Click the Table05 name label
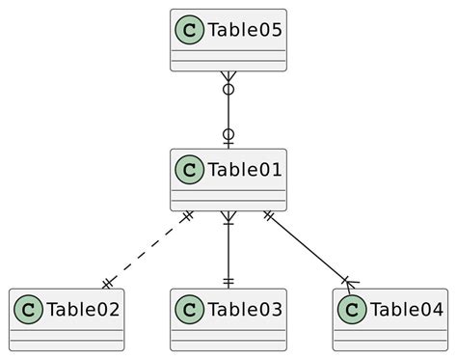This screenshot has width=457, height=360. (x=243, y=31)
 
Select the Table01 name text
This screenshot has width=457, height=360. (x=243, y=171)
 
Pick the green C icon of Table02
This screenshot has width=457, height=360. (x=28, y=310)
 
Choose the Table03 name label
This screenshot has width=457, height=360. (x=243, y=310)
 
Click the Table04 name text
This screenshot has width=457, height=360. (x=405, y=310)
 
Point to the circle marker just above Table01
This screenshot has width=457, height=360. (x=228, y=134)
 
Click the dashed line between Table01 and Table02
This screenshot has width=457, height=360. (x=148, y=249)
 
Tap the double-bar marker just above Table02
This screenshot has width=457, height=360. (x=107, y=282)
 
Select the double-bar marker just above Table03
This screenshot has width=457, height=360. (x=228, y=281)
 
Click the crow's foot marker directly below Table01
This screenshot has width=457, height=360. (x=228, y=220)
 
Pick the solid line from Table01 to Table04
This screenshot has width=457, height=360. (x=307, y=248)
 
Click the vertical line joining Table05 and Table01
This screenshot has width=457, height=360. (x=228, y=111)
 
